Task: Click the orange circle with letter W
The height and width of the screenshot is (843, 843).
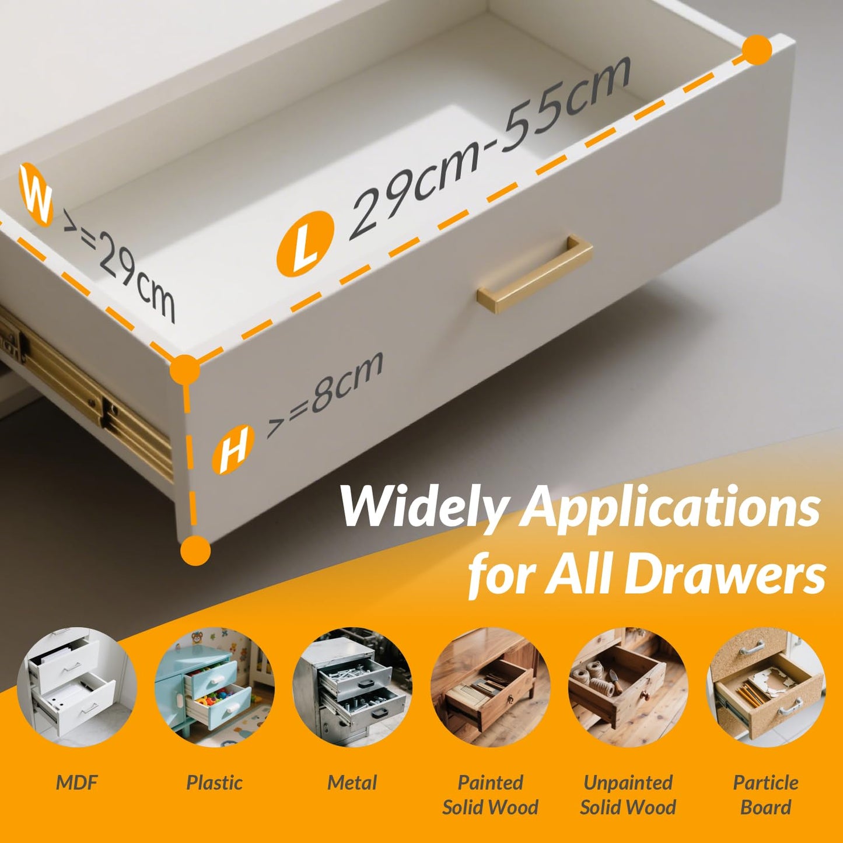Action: (x=36, y=195)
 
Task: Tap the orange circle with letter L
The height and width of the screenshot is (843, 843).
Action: (x=305, y=244)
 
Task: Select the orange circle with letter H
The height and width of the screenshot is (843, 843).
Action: (x=233, y=450)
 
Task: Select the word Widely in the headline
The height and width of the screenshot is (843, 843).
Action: (x=424, y=508)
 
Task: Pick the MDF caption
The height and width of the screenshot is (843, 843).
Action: (x=76, y=782)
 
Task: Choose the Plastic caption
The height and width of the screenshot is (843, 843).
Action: (x=214, y=783)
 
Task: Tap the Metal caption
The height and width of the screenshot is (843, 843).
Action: (x=352, y=783)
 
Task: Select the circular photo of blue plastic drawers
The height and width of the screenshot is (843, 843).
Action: (x=214, y=687)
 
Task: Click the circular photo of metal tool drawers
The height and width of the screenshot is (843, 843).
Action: (x=352, y=687)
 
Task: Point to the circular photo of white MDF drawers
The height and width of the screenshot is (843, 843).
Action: (x=76, y=687)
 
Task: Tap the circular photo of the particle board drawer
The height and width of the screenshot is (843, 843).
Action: (x=766, y=687)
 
